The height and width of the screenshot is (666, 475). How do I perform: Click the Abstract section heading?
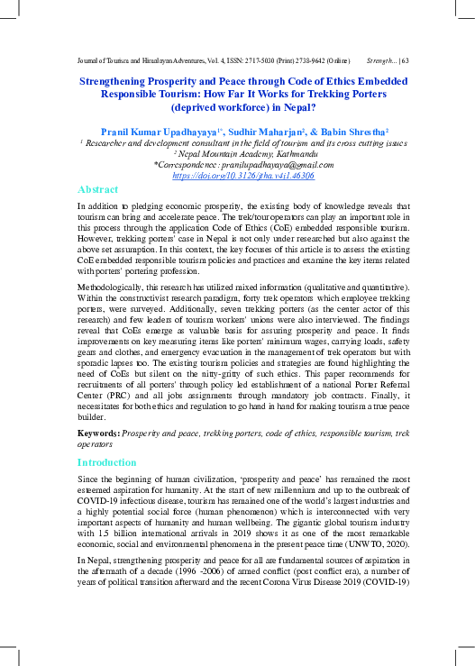point(97,190)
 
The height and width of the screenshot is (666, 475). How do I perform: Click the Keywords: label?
point(99,433)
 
